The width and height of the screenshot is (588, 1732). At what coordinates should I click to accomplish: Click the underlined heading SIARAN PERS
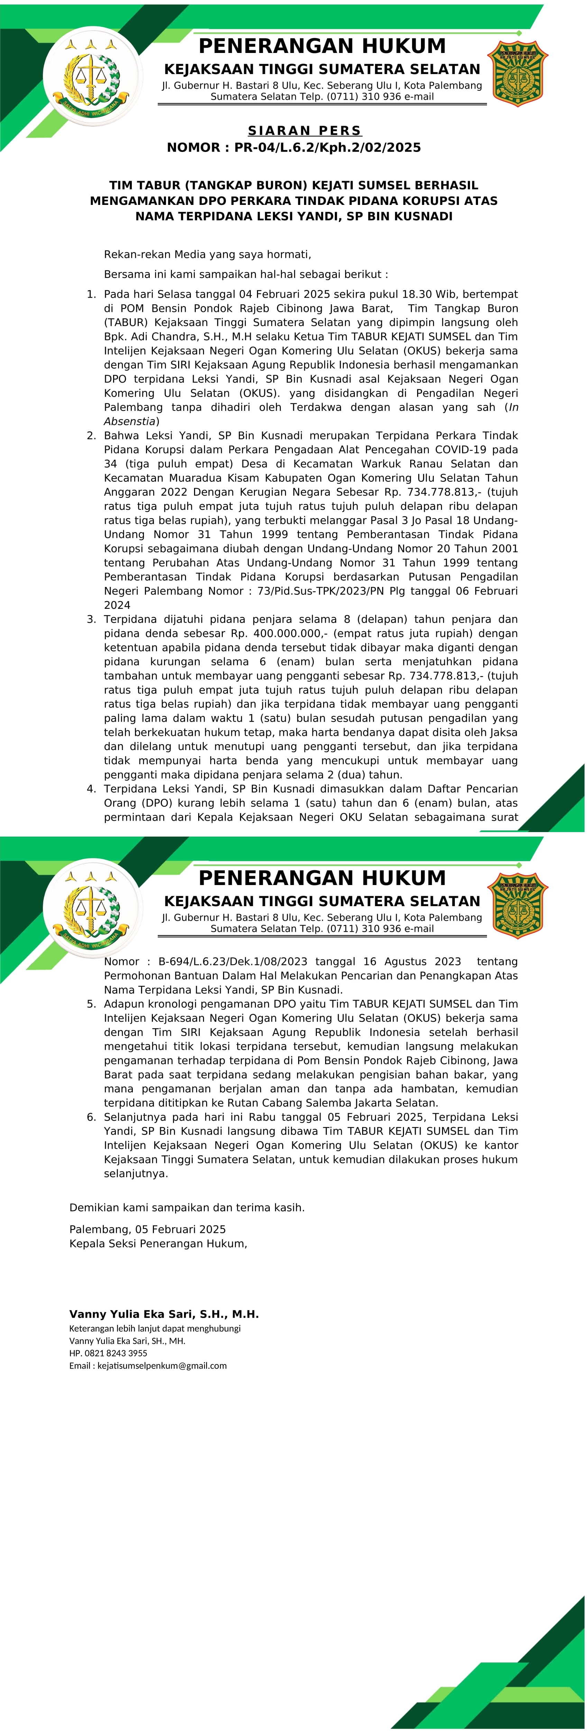(x=304, y=130)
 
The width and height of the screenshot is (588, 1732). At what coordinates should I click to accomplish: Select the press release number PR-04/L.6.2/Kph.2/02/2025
(x=327, y=147)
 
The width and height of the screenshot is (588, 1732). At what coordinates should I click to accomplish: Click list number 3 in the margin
(x=91, y=619)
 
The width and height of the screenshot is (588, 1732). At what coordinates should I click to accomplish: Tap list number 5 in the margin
(x=91, y=1004)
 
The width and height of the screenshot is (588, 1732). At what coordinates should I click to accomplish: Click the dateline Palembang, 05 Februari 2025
(x=147, y=1229)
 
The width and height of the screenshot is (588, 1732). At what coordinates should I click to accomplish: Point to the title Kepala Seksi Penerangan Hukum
(x=158, y=1243)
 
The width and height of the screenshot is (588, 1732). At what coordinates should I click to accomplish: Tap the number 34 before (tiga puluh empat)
(x=110, y=463)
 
